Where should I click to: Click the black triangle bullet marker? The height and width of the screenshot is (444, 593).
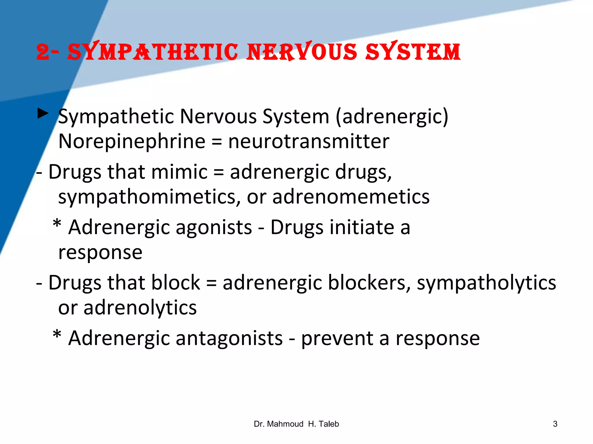click(43, 113)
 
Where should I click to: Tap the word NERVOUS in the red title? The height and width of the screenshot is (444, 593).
click(302, 52)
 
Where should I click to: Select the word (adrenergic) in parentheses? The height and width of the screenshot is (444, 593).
click(392, 117)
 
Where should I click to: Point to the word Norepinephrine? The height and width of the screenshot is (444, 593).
click(132, 142)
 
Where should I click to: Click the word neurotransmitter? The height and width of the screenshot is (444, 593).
click(309, 142)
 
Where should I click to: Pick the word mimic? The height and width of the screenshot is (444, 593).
click(179, 172)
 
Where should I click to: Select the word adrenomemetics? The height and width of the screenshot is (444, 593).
click(351, 197)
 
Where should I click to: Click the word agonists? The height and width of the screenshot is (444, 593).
click(214, 227)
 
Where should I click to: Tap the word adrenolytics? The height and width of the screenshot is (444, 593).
click(140, 308)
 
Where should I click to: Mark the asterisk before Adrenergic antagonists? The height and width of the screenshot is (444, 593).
click(57, 335)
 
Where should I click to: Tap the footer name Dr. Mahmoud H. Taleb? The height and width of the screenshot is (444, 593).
click(296, 424)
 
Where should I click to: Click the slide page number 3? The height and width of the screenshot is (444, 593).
click(555, 424)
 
